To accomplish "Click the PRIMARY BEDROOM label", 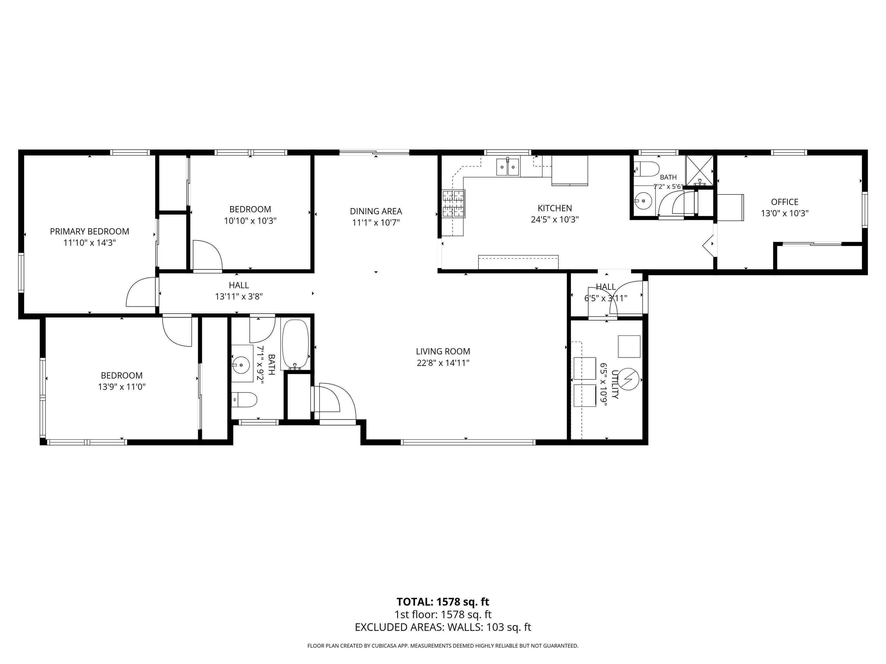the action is tap(89, 231).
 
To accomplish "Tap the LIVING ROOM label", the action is tap(443, 351).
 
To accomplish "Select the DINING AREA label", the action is tap(376, 211).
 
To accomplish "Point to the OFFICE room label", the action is tap(785, 202).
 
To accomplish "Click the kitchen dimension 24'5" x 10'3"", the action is tap(555, 219).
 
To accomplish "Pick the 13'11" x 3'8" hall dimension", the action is tap(239, 297).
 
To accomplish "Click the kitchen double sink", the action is tap(508, 167).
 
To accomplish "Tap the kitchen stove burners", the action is tap(453, 204).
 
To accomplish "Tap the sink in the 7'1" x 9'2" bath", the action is tap(241, 365).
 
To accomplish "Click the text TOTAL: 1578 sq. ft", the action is tap(443, 601).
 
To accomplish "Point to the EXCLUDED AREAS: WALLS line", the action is tap(443, 627).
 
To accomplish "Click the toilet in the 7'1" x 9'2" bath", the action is tap(244, 399).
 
